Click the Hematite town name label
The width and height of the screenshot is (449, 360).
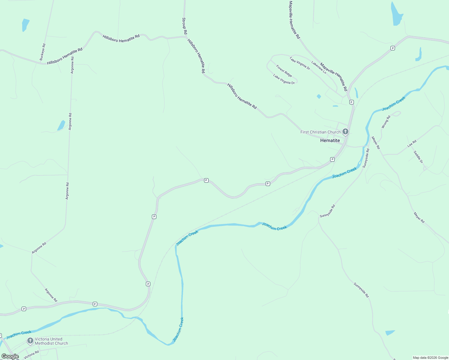(330, 140)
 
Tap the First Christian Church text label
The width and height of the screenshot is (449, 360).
(320, 132)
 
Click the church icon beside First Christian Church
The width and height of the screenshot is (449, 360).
(345, 132)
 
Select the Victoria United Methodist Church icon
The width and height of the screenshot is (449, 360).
(30, 341)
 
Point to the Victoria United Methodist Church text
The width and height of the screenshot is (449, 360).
(51, 341)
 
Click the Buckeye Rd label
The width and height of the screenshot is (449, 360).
(43, 52)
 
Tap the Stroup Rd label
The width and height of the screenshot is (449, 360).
(184, 26)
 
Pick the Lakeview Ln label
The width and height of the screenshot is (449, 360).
(318, 67)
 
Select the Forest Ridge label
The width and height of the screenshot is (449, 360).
(284, 71)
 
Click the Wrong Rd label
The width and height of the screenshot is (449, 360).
(386, 122)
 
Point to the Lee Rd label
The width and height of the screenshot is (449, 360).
(412, 143)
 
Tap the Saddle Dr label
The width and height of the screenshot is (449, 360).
(418, 157)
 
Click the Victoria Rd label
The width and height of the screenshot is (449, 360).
(31, 355)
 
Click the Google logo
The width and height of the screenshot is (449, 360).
(10, 356)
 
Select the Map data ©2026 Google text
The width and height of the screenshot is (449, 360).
(430, 358)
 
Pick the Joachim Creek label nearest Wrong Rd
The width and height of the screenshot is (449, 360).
(393, 103)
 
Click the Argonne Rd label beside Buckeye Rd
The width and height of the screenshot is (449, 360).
(72, 65)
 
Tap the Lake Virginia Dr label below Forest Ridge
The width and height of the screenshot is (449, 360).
(284, 79)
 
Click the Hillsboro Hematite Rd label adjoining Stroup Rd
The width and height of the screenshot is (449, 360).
(196, 56)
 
